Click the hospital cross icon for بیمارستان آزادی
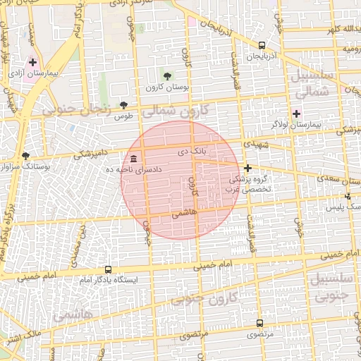click(32, 62)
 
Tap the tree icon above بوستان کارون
click(167, 76)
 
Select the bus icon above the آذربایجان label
click(262, 44)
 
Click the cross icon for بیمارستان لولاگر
click(296, 113)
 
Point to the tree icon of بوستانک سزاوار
click(26, 156)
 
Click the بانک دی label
click(192, 152)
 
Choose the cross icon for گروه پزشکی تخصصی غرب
click(247, 168)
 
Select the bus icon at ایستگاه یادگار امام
click(108, 269)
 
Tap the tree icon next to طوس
click(124, 104)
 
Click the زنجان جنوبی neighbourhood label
click(79, 110)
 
